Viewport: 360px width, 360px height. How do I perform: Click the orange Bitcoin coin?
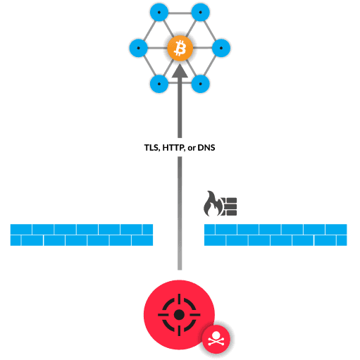(x=180, y=49)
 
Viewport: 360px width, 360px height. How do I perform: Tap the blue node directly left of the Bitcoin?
(x=139, y=49)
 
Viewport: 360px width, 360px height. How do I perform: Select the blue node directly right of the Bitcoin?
(x=221, y=49)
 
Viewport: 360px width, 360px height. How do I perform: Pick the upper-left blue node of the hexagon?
(x=159, y=13)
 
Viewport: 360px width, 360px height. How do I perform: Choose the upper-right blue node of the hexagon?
(x=201, y=13)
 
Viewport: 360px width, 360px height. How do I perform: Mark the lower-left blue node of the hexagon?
(x=159, y=84)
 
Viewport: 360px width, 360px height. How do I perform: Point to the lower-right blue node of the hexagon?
(x=201, y=84)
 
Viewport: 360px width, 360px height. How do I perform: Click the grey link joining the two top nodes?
(x=180, y=13)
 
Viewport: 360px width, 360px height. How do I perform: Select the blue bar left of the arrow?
(x=81, y=235)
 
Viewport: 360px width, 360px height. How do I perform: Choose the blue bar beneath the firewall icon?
(x=275, y=235)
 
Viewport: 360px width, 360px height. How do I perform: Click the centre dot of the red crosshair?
(x=178, y=313)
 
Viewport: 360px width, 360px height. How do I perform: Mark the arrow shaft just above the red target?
(x=180, y=261)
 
